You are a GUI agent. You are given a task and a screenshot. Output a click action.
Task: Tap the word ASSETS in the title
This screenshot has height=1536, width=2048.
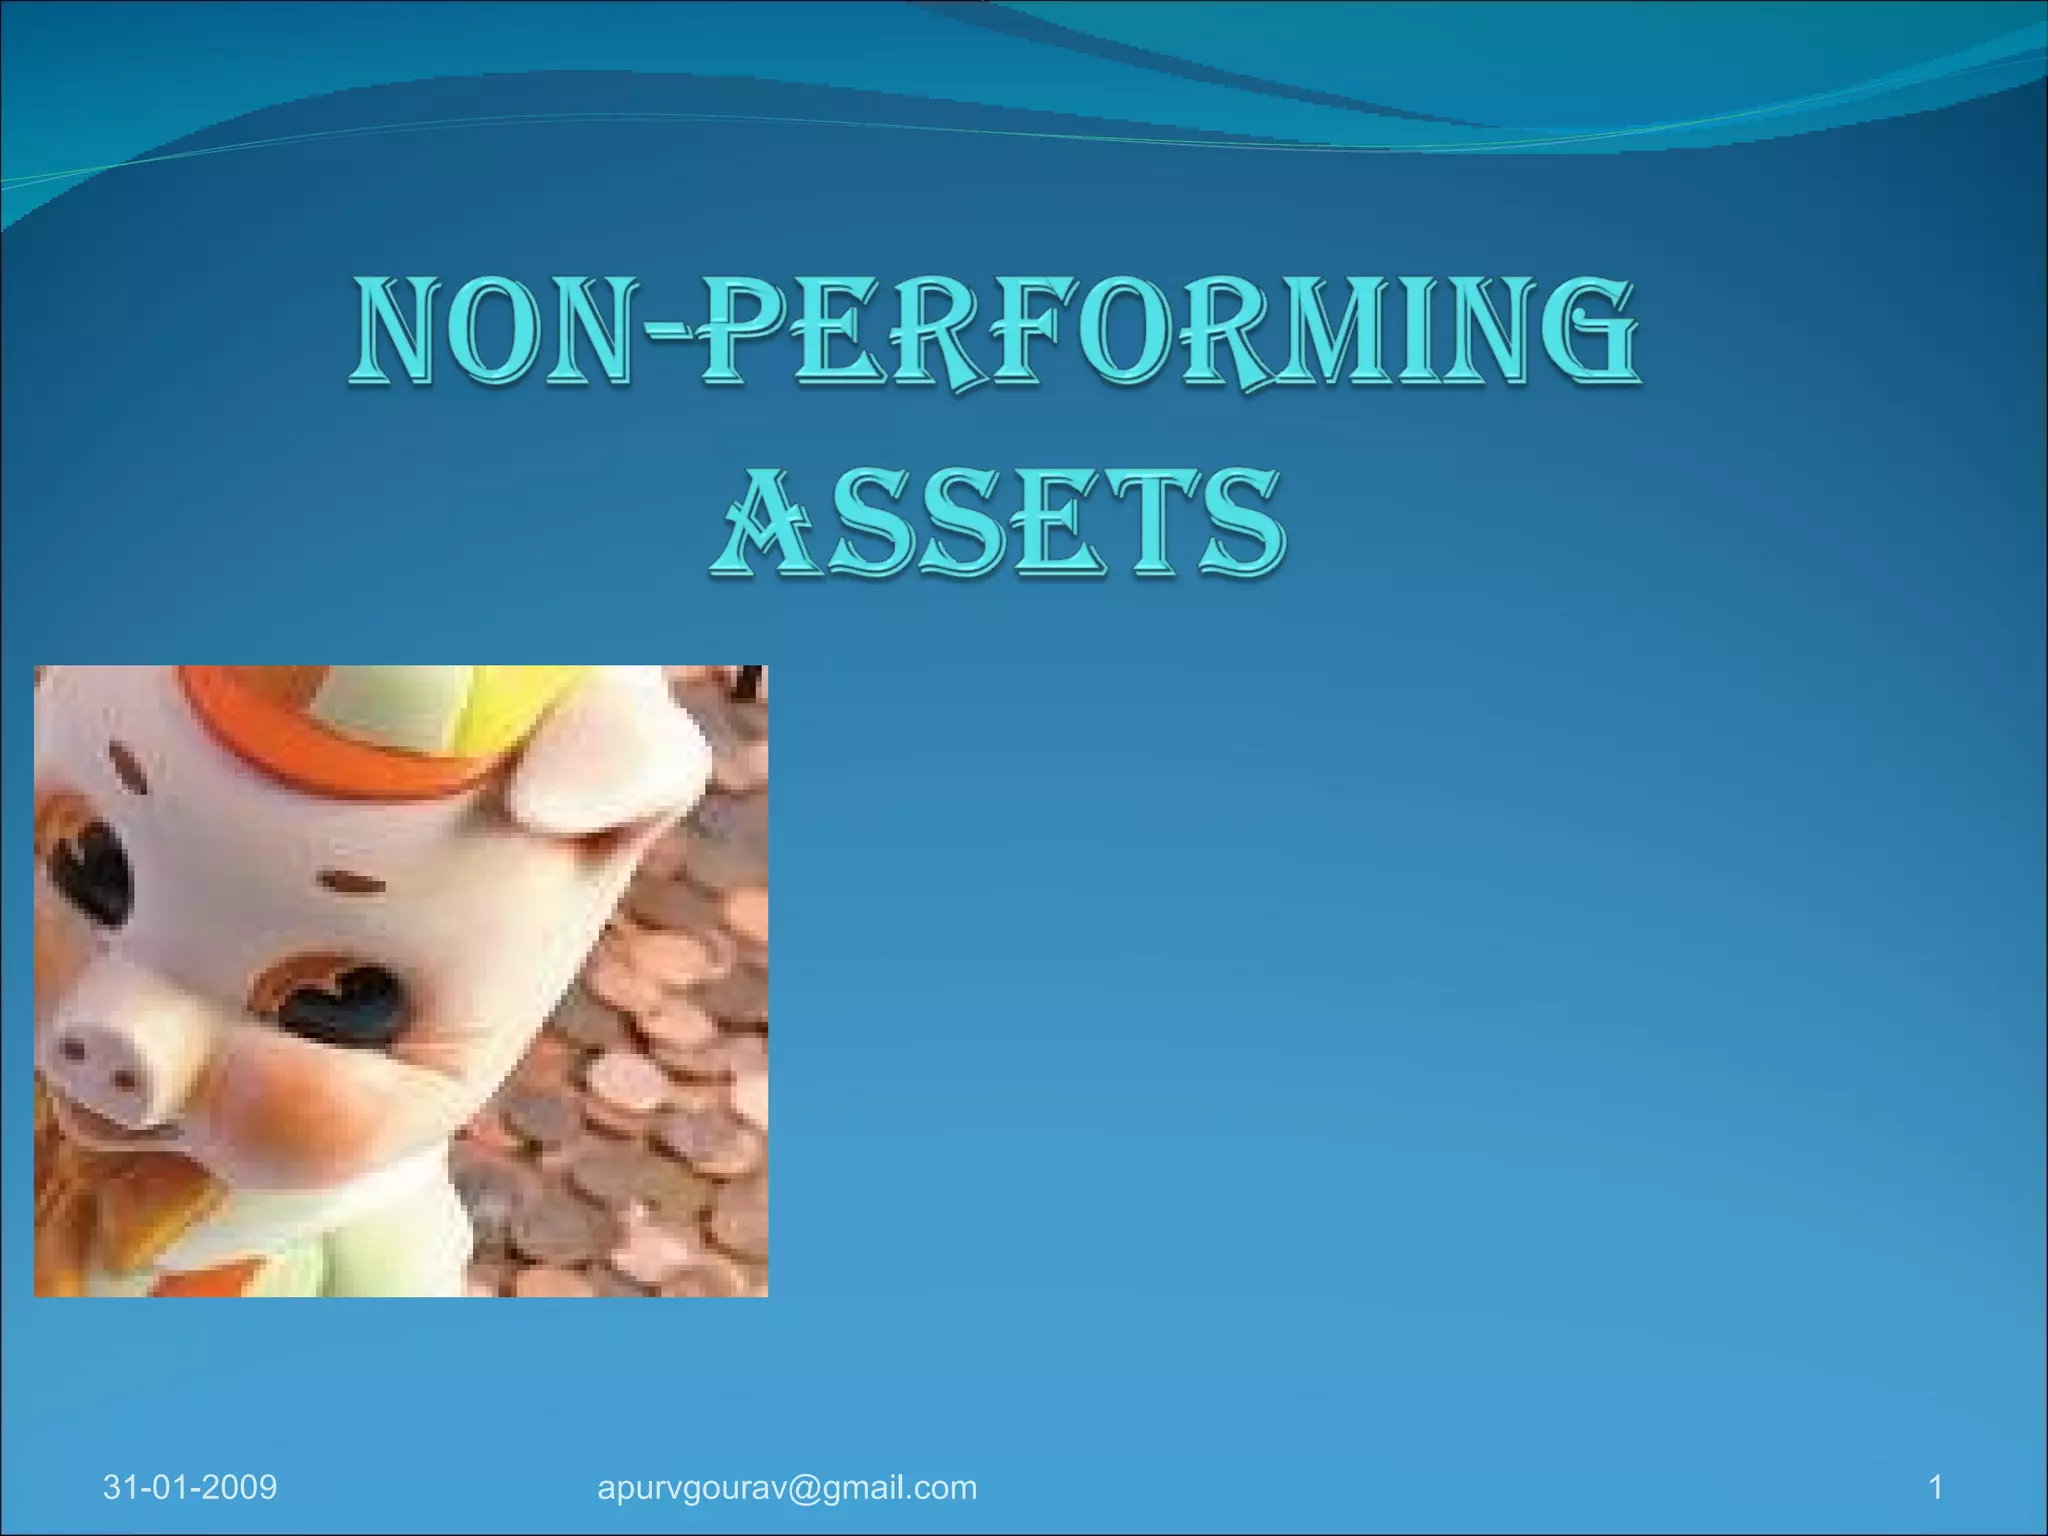click(998, 524)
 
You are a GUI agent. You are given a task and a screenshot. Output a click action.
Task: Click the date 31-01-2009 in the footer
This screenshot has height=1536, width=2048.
click(190, 1487)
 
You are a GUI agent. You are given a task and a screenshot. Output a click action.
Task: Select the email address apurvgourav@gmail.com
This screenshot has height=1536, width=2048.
click(787, 1487)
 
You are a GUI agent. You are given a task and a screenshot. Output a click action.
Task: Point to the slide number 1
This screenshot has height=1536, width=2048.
click(1935, 1487)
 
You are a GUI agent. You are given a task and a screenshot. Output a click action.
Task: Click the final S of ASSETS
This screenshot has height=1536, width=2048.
click(1240, 524)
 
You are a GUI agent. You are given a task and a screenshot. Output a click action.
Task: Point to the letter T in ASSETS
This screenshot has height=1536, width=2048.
click(1150, 524)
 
